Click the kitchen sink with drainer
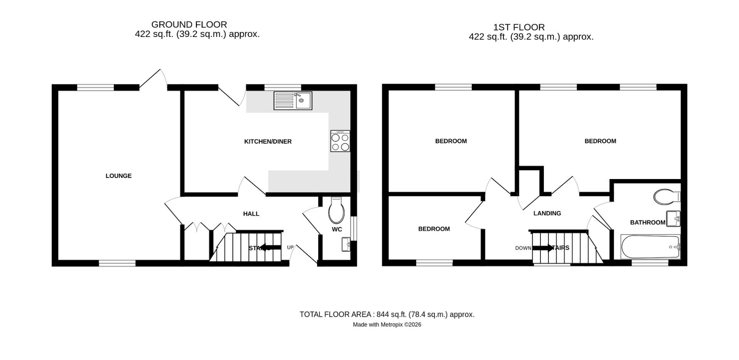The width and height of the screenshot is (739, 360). [293, 100]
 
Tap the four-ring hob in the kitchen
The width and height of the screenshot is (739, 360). [340, 141]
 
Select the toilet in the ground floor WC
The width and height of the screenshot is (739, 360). [336, 210]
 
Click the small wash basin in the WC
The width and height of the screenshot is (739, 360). [346, 244]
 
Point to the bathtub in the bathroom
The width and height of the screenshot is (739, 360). [650, 247]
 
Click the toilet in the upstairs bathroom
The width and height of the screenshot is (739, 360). [666, 196]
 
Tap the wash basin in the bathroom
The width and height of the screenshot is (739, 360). [673, 219]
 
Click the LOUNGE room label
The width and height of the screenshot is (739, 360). [119, 176]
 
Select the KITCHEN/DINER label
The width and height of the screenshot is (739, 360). [268, 142]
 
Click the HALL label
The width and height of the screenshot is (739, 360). [251, 214]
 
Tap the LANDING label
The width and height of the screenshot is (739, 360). [547, 213]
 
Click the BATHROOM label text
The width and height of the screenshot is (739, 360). [647, 223]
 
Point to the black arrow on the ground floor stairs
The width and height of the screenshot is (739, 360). [271, 248]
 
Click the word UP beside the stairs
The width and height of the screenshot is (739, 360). [290, 248]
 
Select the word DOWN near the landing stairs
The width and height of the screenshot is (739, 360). [523, 248]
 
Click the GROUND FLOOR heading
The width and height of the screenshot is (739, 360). [189, 25]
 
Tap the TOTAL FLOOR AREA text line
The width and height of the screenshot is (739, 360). [387, 315]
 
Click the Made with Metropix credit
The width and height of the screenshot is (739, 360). [387, 325]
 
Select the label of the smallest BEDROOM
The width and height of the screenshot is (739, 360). [434, 229]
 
